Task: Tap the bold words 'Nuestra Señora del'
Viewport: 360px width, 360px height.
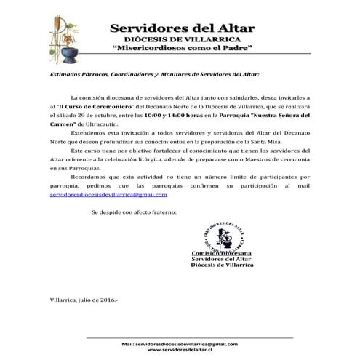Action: [x=282, y=115]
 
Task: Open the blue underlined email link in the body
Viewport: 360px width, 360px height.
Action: [x=108, y=195]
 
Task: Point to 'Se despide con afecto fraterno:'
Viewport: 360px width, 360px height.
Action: [x=133, y=212]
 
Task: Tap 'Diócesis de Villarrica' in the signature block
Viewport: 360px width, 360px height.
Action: [x=222, y=265]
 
